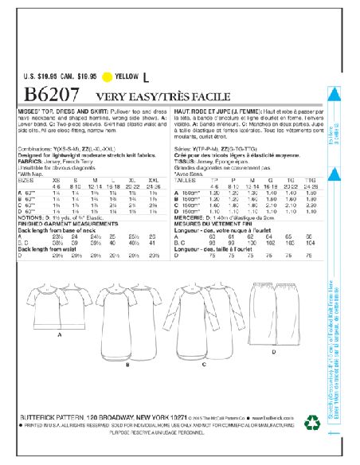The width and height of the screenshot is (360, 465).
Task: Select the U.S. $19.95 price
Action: coord(39,76)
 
